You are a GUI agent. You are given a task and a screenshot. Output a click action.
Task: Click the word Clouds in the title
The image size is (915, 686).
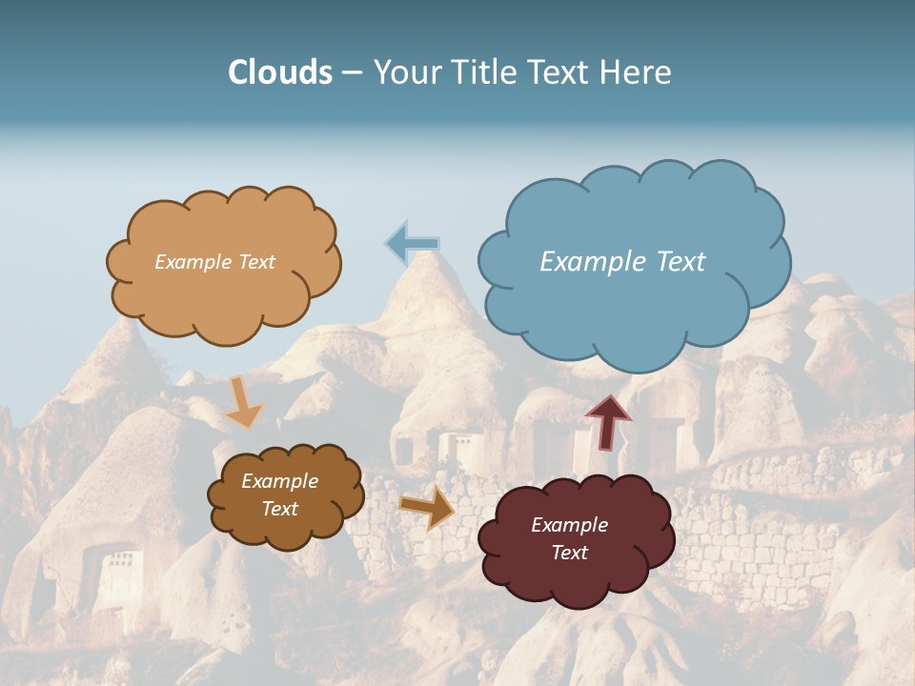point(280,72)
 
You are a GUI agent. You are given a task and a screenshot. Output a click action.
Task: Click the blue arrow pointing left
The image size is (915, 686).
point(412,244)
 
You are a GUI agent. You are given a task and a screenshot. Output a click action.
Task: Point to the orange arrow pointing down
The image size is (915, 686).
point(244,402)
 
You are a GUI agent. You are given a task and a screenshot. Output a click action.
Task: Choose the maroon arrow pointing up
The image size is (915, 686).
point(608,421)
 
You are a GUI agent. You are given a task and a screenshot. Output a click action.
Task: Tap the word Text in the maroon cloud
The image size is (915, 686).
point(569,553)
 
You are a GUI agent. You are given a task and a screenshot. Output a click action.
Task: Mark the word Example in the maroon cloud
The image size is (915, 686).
point(569,525)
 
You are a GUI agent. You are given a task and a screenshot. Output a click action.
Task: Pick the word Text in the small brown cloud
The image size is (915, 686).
point(280,509)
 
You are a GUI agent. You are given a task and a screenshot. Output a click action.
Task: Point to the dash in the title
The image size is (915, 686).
point(352,73)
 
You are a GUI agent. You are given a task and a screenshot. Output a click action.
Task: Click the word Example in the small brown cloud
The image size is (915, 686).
point(280,481)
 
